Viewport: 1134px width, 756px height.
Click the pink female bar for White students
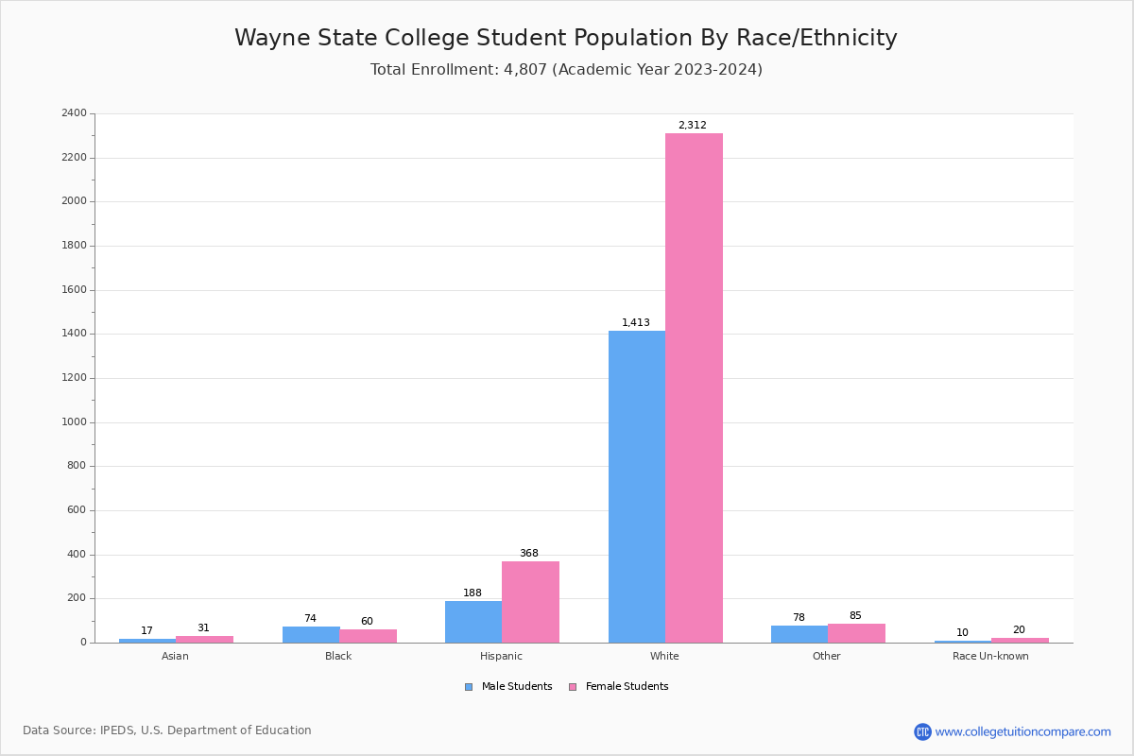click(x=694, y=387)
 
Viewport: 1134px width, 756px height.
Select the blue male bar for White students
click(x=637, y=487)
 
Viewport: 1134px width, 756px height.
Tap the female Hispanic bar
click(x=530, y=602)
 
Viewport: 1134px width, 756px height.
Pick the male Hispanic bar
click(x=473, y=622)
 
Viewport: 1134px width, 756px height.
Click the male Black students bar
click(x=311, y=634)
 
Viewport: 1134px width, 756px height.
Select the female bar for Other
click(x=856, y=633)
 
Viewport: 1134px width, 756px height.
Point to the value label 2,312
click(x=692, y=125)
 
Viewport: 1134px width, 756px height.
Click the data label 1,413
click(x=635, y=322)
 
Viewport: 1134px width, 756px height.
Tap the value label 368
click(x=528, y=553)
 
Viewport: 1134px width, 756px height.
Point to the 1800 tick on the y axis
click(x=74, y=246)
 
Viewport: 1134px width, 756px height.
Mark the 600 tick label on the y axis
click(x=77, y=510)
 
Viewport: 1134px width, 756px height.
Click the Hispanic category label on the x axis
click(x=501, y=656)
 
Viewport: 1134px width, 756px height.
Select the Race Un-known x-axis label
click(x=990, y=656)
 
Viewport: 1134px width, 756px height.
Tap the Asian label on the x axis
click(x=175, y=656)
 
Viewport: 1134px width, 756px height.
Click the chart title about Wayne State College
click(x=566, y=38)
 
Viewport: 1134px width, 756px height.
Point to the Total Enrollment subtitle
click(x=566, y=70)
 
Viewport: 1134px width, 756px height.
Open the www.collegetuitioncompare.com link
click(x=1022, y=731)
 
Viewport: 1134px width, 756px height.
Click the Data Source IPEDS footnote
click(x=167, y=730)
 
